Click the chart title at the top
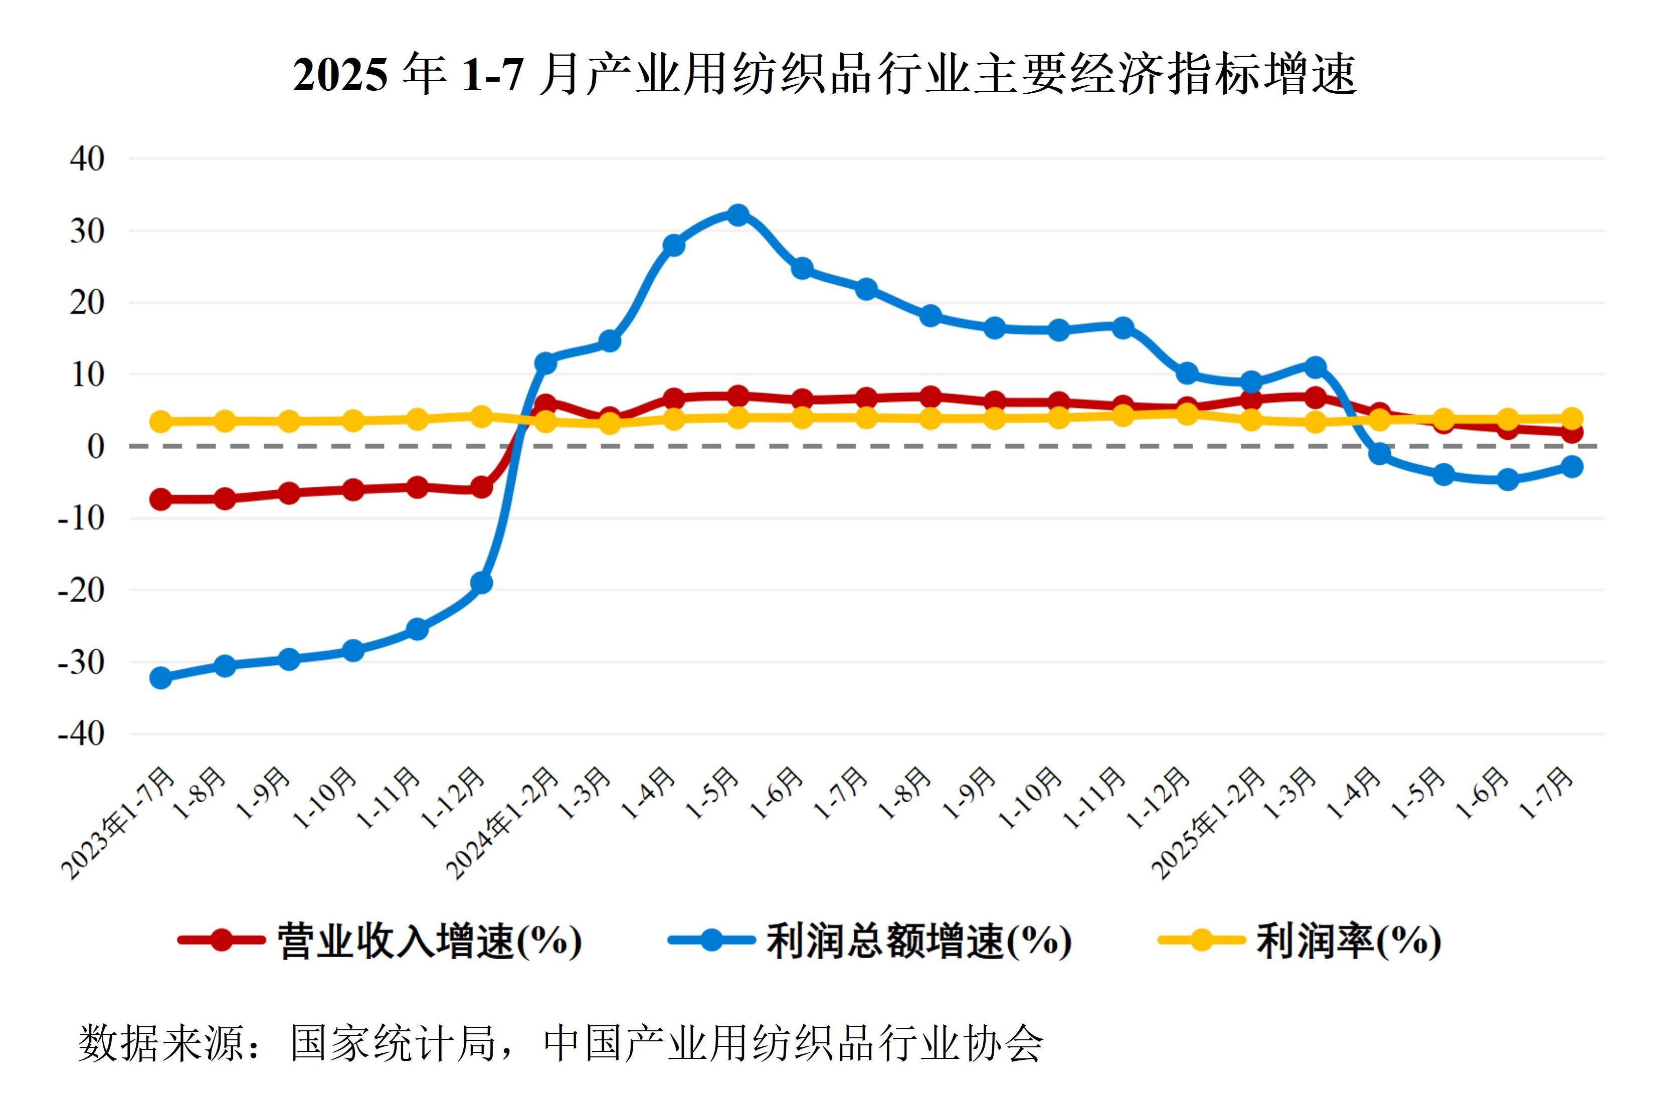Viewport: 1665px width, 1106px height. coord(824,74)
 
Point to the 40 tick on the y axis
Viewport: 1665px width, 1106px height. coord(87,159)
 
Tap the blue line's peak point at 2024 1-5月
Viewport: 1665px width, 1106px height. coord(737,215)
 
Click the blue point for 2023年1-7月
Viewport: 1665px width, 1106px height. coord(161,678)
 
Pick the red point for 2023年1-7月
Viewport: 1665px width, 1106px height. coord(161,499)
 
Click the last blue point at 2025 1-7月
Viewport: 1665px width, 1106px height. coord(1572,466)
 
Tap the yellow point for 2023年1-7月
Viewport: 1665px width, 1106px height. coord(161,422)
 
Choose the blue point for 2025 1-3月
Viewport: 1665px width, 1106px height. coord(1315,367)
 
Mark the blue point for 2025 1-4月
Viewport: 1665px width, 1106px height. coord(1379,454)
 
